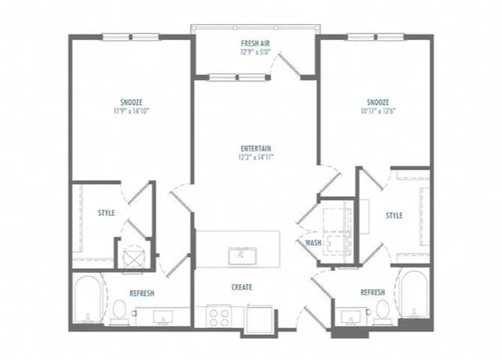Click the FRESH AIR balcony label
pyautogui.click(x=255, y=43)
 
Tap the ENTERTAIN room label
pyautogui.click(x=256, y=148)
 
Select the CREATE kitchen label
pyautogui.click(x=242, y=287)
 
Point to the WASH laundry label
pyautogui.click(x=313, y=243)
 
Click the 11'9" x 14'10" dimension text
pyautogui.click(x=132, y=111)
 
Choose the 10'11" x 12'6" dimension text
pyautogui.click(x=378, y=111)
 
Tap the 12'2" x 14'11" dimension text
pyautogui.click(x=256, y=157)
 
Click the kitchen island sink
pyautogui.click(x=242, y=256)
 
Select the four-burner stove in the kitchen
pyautogui.click(x=219, y=316)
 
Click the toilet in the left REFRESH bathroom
pyautogui.click(x=119, y=310)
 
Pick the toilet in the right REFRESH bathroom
pyautogui.click(x=382, y=310)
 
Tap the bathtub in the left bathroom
pyautogui.click(x=88, y=299)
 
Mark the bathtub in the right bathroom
pyautogui.click(x=414, y=295)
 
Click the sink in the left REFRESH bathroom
pyautogui.click(x=163, y=318)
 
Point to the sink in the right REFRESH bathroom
pyautogui.click(x=351, y=317)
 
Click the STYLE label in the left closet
pyautogui.click(x=107, y=213)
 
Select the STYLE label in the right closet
pyautogui.click(x=394, y=216)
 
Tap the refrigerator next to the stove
pyautogui.click(x=260, y=317)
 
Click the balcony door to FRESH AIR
pyautogui.click(x=289, y=65)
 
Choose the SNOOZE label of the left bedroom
pyautogui.click(x=132, y=103)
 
